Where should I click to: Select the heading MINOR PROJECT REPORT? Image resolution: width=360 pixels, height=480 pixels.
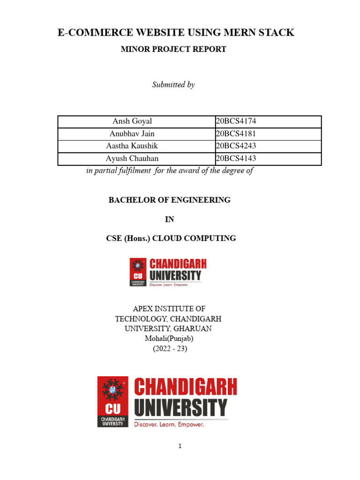[x=173, y=49]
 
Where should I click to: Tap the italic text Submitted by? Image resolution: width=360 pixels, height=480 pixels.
[x=173, y=85]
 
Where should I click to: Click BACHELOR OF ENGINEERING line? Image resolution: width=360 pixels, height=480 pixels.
[x=170, y=200]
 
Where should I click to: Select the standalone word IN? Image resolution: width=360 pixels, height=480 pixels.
[x=170, y=219]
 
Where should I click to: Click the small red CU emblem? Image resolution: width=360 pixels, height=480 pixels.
[x=138, y=272]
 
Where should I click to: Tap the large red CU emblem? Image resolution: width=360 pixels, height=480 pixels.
[x=112, y=401]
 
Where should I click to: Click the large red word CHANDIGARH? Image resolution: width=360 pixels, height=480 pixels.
[x=186, y=388]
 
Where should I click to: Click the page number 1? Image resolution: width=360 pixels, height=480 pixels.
[x=180, y=446]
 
